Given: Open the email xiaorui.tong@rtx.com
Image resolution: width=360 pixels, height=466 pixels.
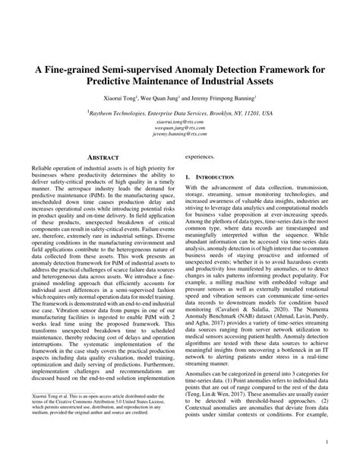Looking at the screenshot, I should [180, 121].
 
